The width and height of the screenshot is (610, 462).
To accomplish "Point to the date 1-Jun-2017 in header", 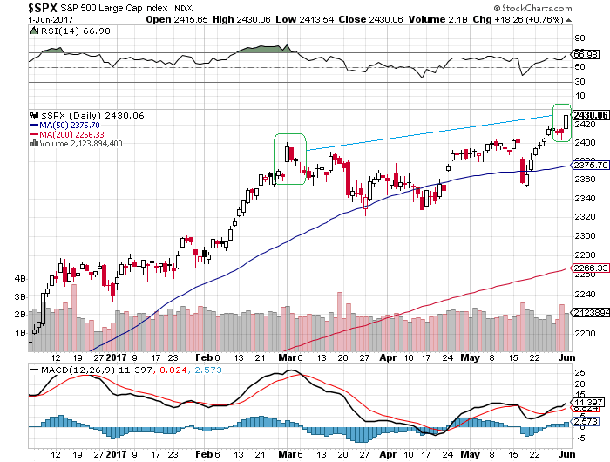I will pos(27,19).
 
